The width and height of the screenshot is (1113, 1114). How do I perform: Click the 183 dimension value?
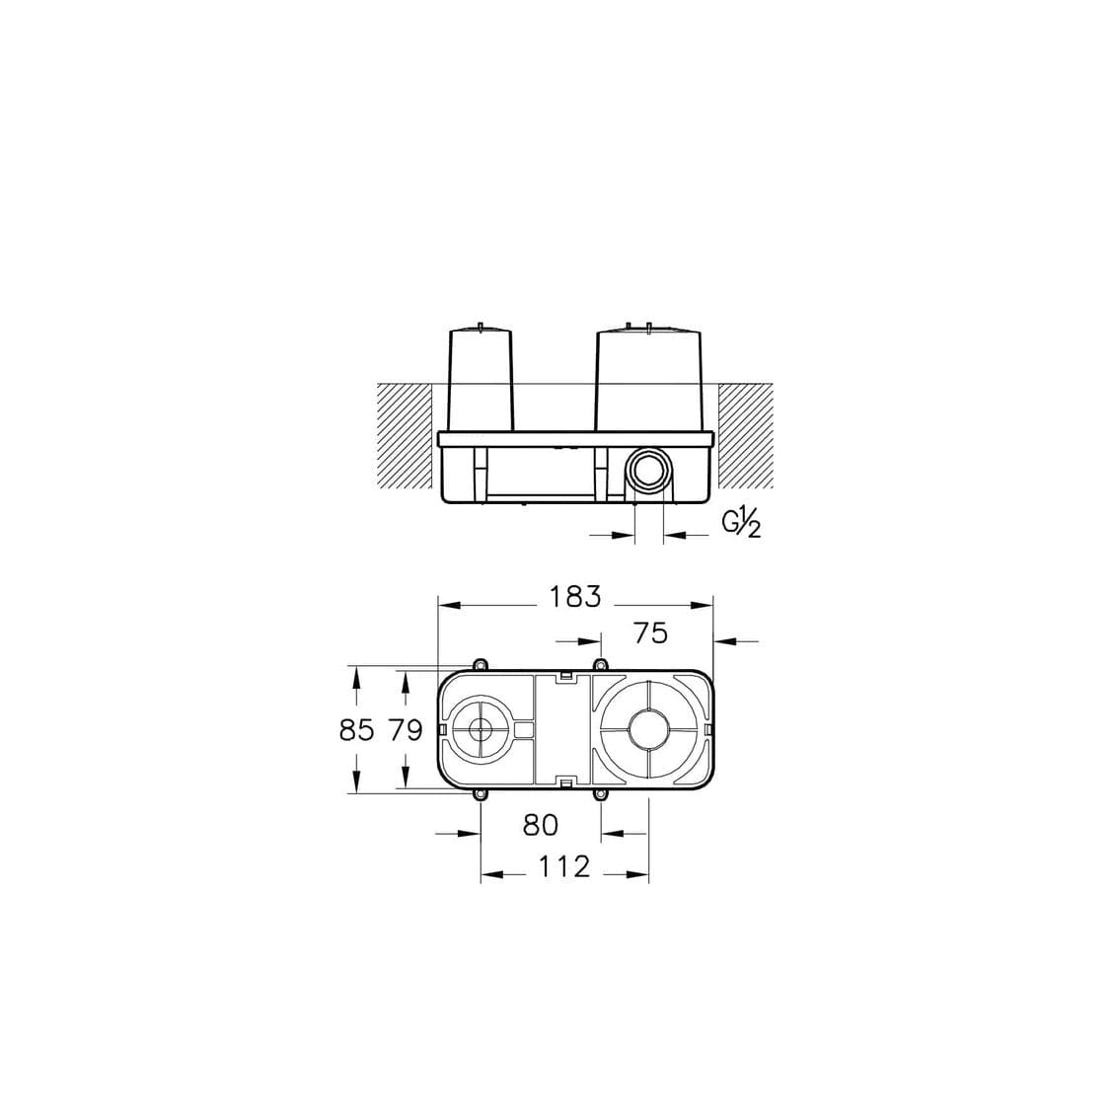click(574, 597)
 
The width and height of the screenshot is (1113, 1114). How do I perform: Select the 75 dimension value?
click(650, 632)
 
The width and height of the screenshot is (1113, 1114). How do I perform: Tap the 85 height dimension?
click(357, 730)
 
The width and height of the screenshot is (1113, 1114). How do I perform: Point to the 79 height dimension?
click(405, 730)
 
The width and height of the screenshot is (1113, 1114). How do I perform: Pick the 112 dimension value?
click(564, 866)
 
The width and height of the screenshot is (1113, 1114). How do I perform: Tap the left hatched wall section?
click(404, 434)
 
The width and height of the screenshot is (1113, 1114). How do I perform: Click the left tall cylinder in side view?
click(481, 380)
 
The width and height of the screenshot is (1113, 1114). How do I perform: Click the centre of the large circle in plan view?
click(648, 730)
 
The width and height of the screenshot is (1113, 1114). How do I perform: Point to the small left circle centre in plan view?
click(481, 730)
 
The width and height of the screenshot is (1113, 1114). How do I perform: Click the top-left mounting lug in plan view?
click(481, 665)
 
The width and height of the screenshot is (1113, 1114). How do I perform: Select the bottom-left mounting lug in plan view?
click(481, 795)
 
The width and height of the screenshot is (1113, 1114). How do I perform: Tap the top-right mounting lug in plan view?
click(599, 665)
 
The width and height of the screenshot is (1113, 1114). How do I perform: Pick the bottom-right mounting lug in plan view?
click(599, 795)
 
